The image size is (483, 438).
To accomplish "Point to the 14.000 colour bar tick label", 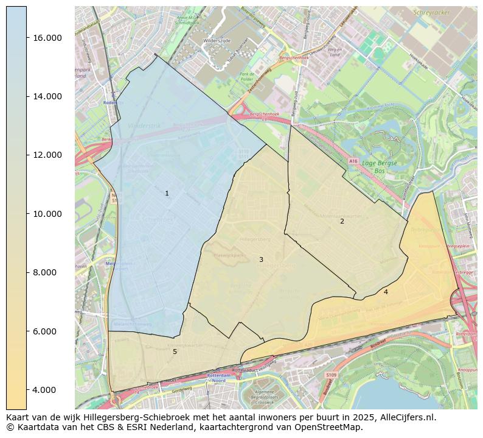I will click(47, 96).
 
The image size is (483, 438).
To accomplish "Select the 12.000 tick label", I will click(47, 155).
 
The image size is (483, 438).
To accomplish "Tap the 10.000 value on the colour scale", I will click(47, 214).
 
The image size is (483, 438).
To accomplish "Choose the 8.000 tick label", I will click(44, 272).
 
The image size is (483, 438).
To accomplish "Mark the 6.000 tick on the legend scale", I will click(44, 331).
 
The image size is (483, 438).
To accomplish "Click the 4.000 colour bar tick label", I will click(44, 390).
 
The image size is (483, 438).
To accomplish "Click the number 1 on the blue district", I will click(167, 194).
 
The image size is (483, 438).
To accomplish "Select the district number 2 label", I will click(342, 221).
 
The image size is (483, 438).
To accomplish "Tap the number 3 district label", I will click(261, 260).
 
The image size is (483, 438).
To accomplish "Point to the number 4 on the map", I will click(386, 292).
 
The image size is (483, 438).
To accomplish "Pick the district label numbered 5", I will click(175, 351).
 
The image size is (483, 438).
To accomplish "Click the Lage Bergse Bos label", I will click(379, 166).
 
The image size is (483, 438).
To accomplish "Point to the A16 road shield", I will click(353, 161).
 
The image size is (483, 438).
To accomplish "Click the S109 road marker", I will click(331, 375).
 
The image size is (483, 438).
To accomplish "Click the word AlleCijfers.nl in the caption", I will click(406, 418).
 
